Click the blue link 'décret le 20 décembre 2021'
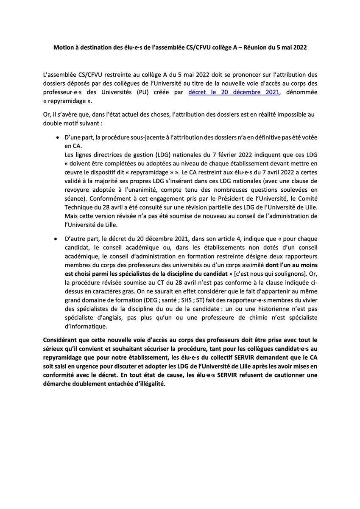(x=234, y=92)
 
